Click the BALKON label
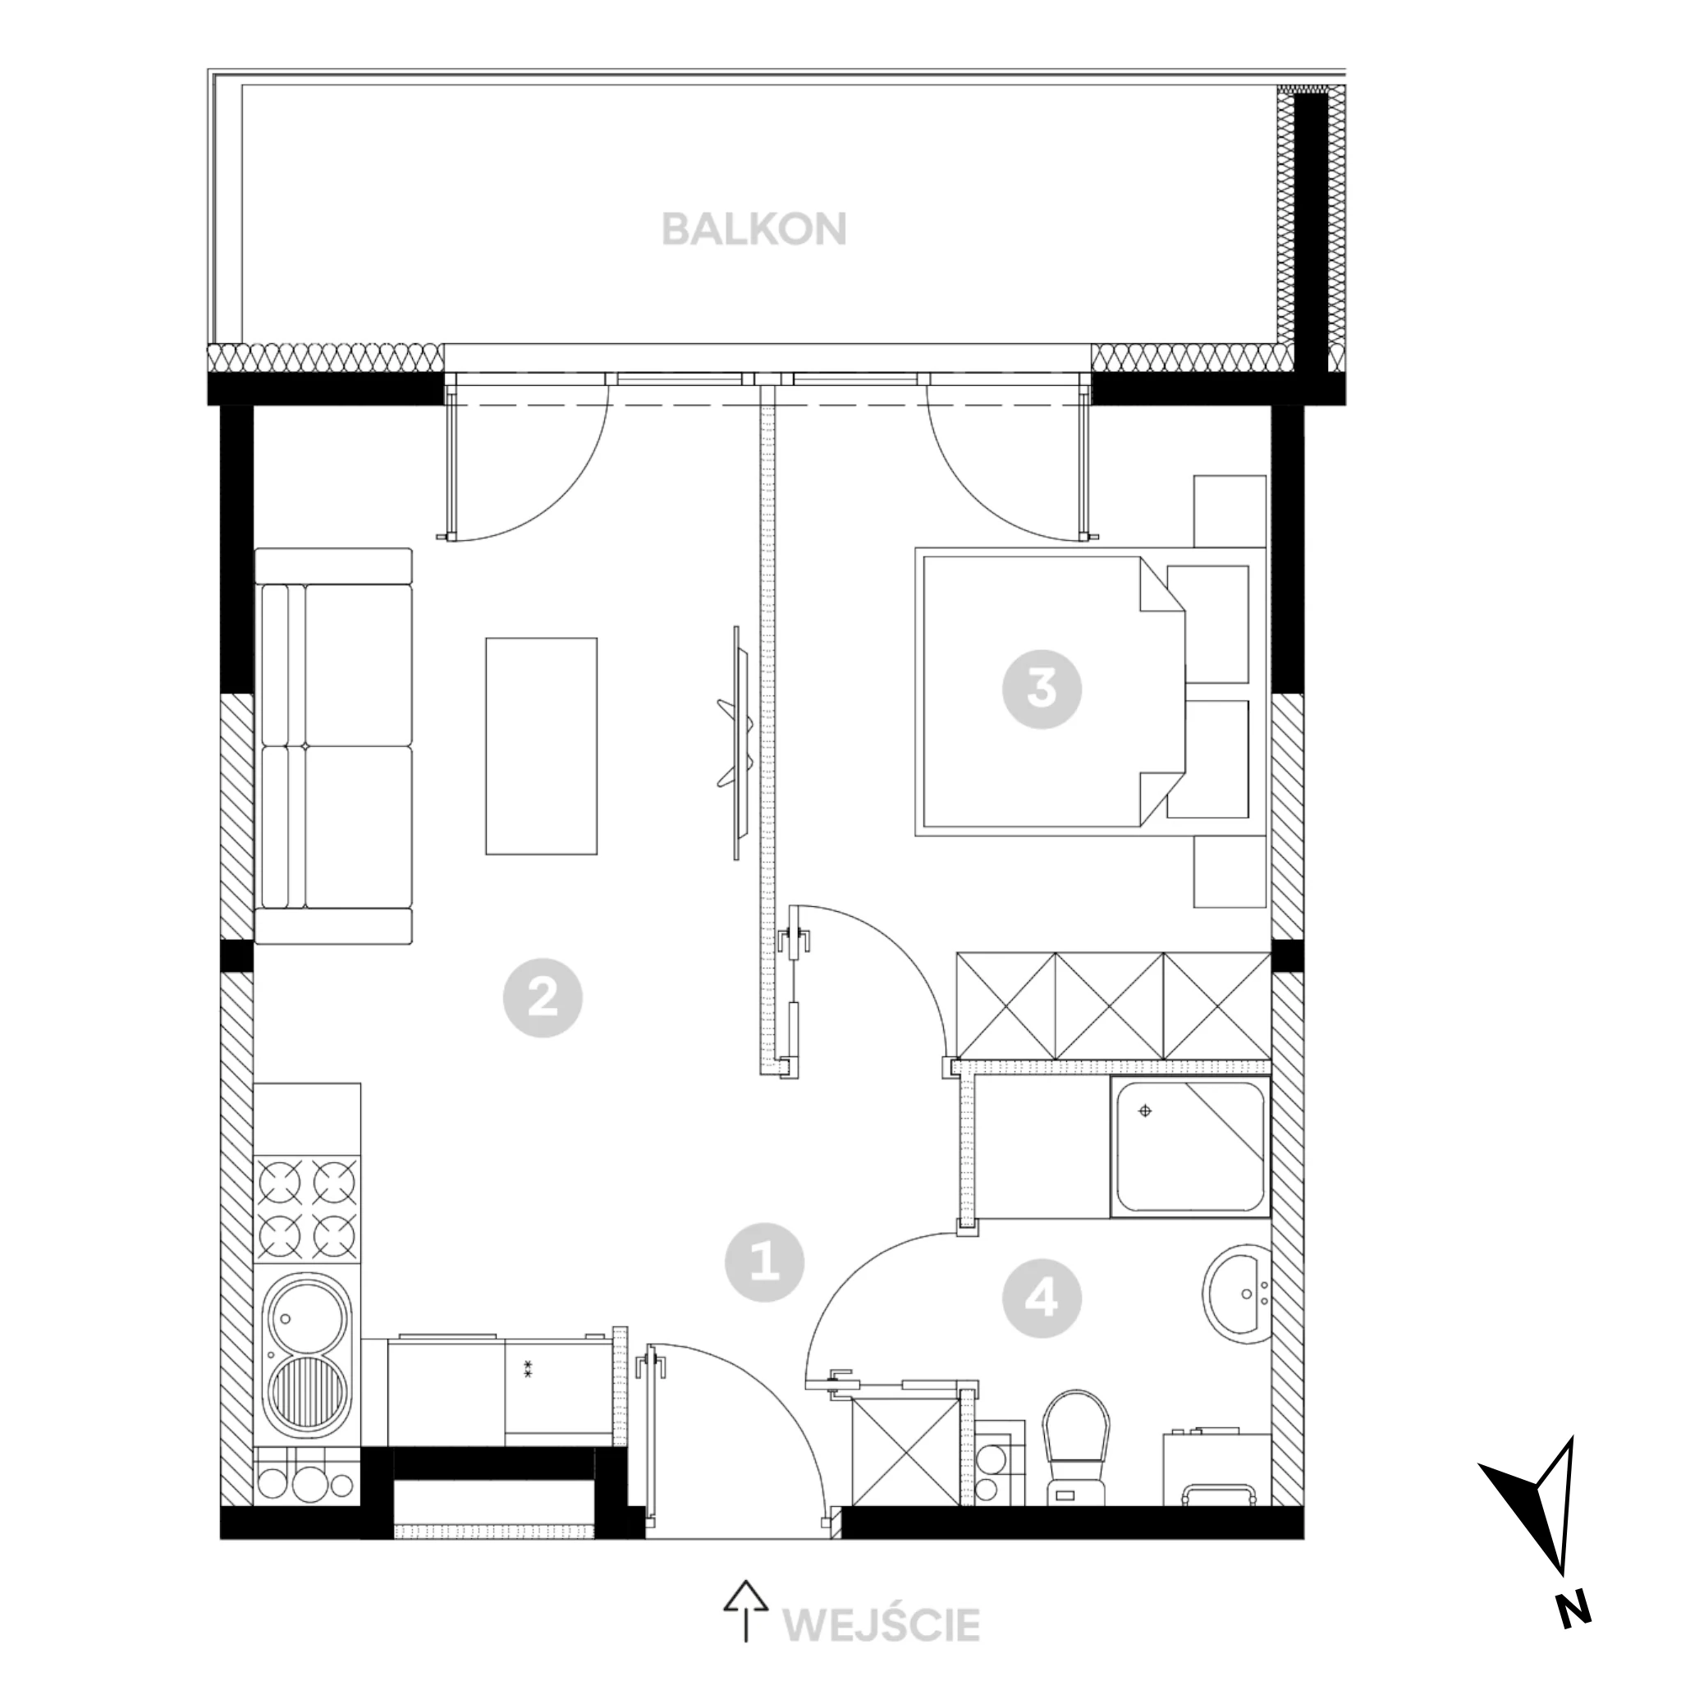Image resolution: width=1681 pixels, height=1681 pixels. (x=753, y=230)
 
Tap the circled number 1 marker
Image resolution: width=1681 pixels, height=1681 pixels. (x=764, y=1262)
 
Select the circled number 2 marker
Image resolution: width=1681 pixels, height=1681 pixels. (x=542, y=997)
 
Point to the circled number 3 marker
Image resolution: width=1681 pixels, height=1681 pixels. (x=1042, y=690)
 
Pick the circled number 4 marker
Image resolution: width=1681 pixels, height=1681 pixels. (x=1042, y=1300)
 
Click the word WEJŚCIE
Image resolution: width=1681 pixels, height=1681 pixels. (x=882, y=1624)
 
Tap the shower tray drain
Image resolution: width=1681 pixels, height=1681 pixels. (x=1145, y=1111)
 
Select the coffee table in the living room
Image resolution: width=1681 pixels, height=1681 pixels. (x=541, y=745)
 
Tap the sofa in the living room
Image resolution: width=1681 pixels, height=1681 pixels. (x=333, y=745)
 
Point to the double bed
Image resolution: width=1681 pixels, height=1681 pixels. (x=1049, y=692)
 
